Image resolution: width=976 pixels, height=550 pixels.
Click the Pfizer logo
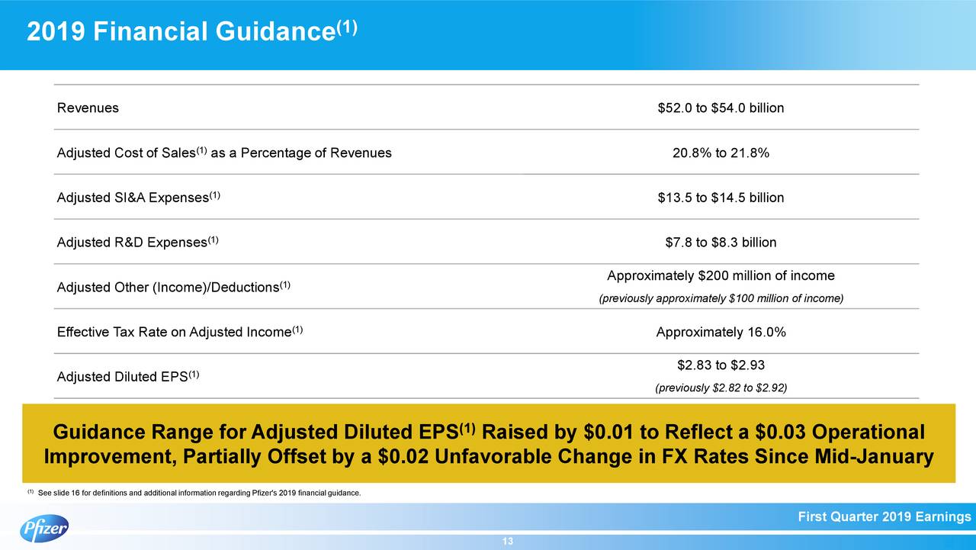(x=43, y=528)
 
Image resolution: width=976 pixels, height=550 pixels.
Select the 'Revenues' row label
(x=88, y=108)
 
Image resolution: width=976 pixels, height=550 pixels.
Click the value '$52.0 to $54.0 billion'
(x=721, y=108)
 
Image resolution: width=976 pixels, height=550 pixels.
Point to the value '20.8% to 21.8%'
(x=721, y=153)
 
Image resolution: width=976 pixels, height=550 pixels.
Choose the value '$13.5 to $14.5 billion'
(x=721, y=198)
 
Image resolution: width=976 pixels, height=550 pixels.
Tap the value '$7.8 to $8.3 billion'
(x=721, y=243)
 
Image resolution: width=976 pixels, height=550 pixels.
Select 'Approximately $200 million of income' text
(x=721, y=275)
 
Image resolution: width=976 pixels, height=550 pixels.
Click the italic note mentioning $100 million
(x=721, y=298)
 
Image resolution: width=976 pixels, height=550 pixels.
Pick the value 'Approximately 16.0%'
(x=721, y=333)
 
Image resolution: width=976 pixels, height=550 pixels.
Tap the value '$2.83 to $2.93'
(x=721, y=365)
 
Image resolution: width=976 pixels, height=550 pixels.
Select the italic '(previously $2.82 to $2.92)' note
(x=721, y=388)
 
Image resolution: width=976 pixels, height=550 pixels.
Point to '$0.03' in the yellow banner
(x=781, y=433)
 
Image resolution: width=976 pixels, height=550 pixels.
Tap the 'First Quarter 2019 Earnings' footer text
(x=884, y=518)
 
